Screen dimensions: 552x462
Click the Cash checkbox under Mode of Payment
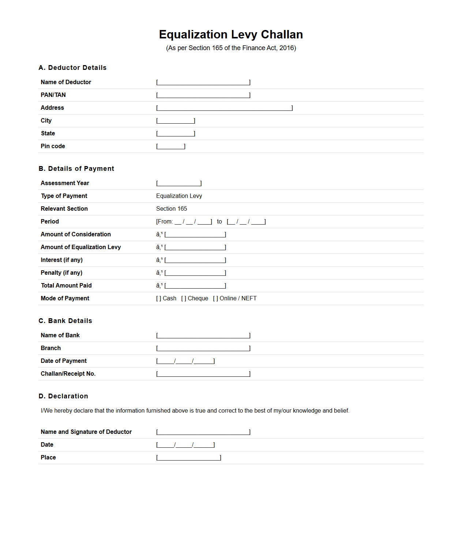pyautogui.click(x=159, y=298)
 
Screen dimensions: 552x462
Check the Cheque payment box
pyautogui.click(x=184, y=298)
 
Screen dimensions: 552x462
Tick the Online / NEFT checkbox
pyautogui.click(x=215, y=298)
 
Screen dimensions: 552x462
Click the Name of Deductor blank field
pyautogui.click(x=203, y=82)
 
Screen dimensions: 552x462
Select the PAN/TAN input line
pyautogui.click(x=203, y=95)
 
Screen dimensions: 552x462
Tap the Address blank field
pyautogui.click(x=224, y=108)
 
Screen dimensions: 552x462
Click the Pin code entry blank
pyautogui.click(x=171, y=146)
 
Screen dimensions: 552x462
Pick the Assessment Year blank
pyautogui.click(x=179, y=183)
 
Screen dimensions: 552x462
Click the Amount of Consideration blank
pyautogui.click(x=195, y=234)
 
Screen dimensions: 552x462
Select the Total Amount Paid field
pyautogui.click(x=195, y=286)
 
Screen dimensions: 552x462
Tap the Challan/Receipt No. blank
pyautogui.click(x=203, y=374)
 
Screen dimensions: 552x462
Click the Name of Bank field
pyautogui.click(x=203, y=335)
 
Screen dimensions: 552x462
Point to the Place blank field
pyautogui.click(x=188, y=458)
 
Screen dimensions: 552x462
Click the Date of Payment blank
pyautogui.click(x=185, y=361)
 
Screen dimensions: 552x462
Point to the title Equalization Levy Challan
pyautogui.click(x=231, y=34)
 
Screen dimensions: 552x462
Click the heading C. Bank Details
pyautogui.click(x=65, y=321)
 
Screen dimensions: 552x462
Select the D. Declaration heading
pyautogui.click(x=63, y=396)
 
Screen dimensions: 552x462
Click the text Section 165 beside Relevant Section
pyautogui.click(x=172, y=209)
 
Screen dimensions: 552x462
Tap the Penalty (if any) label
pyautogui.click(x=61, y=273)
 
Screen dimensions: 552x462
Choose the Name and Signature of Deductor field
pyautogui.click(x=203, y=432)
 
